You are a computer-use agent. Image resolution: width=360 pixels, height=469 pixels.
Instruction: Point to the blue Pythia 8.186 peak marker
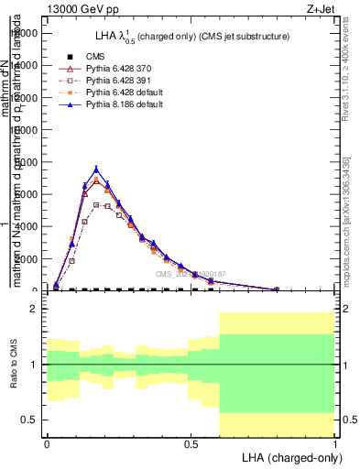click(96, 169)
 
